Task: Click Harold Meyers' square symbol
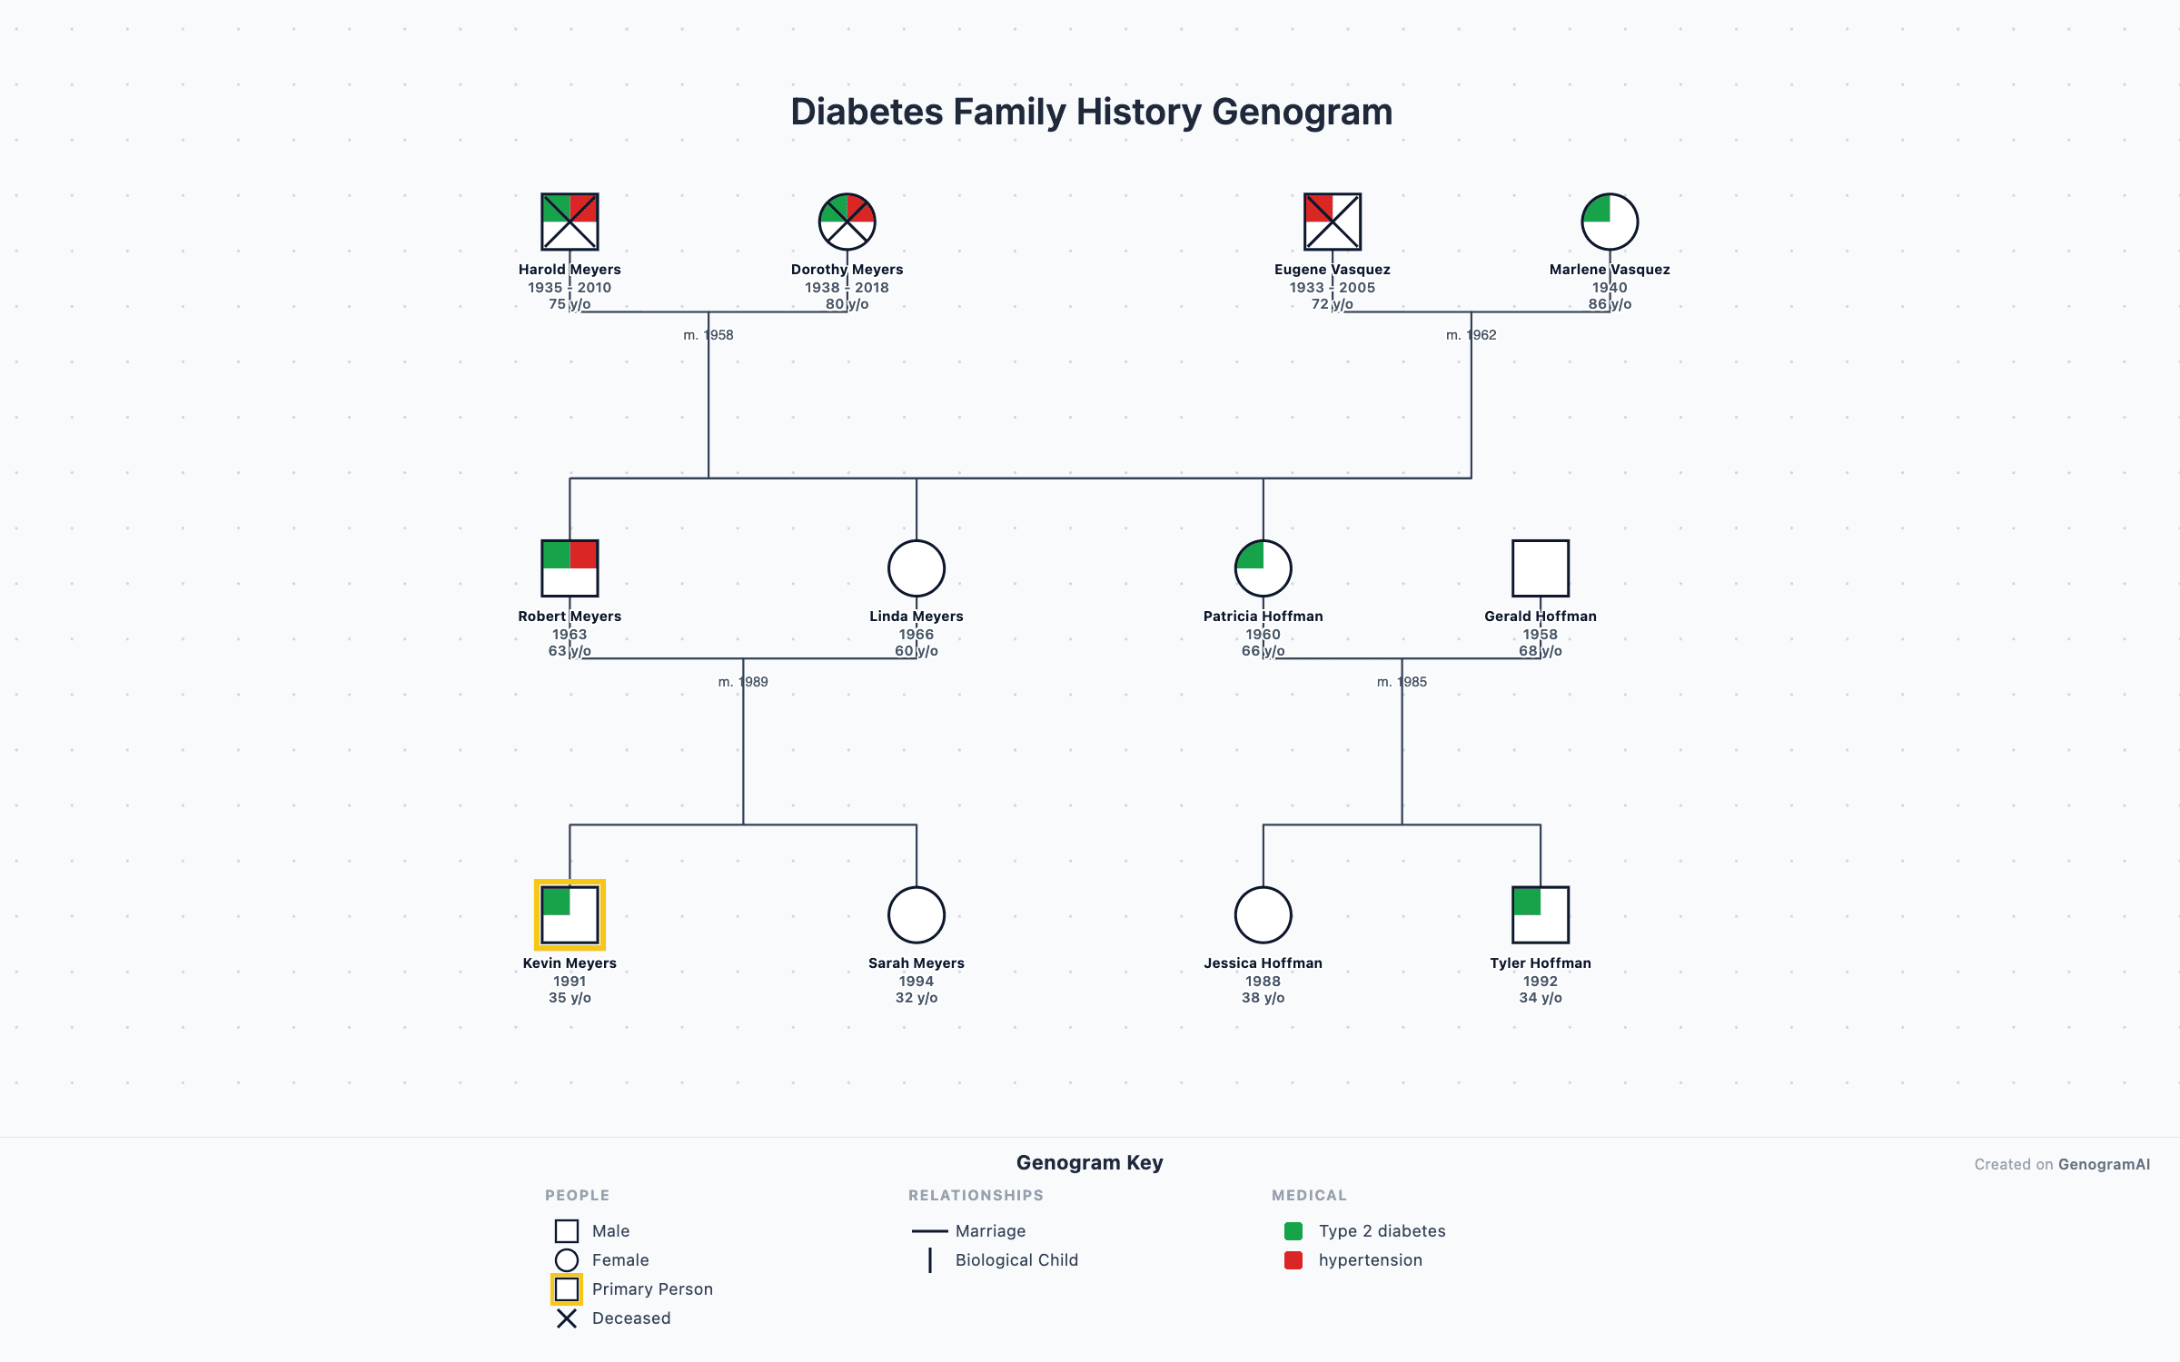point(570,222)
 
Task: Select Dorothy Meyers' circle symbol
point(847,222)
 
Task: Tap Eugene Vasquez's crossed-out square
point(1333,222)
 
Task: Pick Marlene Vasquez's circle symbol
point(1610,222)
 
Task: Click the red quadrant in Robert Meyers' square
point(583,555)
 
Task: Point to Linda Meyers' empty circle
point(917,568)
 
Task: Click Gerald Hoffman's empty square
point(1541,568)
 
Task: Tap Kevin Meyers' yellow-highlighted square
point(570,915)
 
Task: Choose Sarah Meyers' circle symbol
point(917,915)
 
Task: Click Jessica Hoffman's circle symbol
point(1263,915)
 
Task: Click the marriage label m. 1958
point(708,335)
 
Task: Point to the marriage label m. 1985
point(1402,682)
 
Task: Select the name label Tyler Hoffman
point(1541,963)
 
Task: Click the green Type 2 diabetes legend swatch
point(1293,1231)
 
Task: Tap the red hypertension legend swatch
point(1293,1260)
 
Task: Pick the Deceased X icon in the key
point(567,1318)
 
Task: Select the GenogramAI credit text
point(2104,1165)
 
